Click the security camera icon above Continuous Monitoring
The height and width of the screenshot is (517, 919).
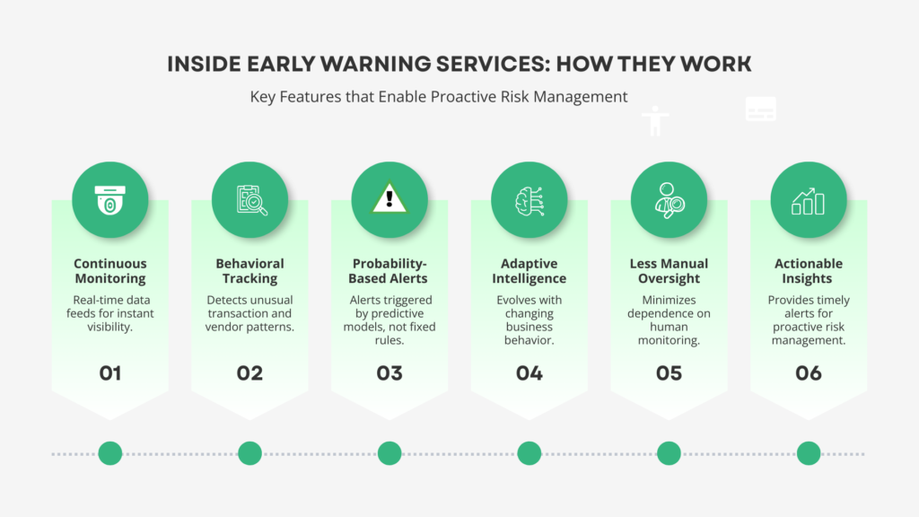(109, 199)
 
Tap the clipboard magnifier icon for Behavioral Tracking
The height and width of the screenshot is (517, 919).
(249, 199)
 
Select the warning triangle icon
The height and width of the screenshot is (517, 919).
(389, 199)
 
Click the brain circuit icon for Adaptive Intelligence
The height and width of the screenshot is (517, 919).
(530, 199)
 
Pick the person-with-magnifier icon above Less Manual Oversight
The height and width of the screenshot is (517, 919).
(669, 199)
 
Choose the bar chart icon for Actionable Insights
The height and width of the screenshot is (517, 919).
(809, 199)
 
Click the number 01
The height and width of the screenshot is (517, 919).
(109, 372)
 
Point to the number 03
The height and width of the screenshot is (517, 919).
(389, 372)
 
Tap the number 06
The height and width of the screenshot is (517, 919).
(809, 372)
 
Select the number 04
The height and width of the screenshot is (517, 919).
(530, 372)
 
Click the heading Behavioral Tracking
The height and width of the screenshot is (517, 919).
(249, 271)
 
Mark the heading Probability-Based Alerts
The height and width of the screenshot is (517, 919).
(389, 271)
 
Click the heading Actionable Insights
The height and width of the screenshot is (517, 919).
(809, 271)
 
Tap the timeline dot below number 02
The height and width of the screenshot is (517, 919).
(249, 453)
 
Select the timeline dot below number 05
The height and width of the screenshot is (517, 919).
(669, 453)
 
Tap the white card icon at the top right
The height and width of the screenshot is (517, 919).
(761, 110)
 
